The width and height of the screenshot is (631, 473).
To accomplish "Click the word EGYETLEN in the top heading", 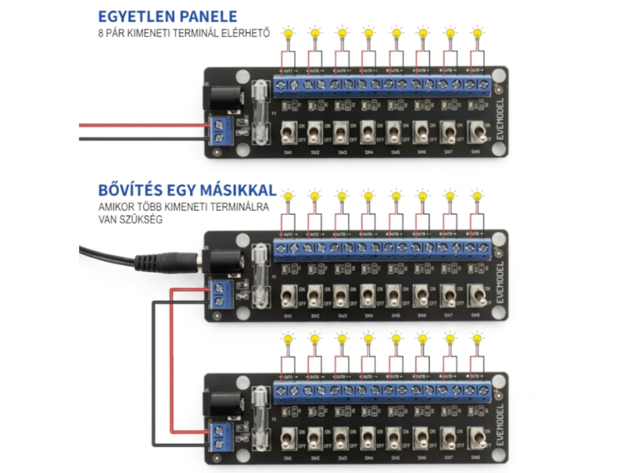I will click(131, 17).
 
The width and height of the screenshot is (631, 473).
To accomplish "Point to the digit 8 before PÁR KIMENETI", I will click(100, 34).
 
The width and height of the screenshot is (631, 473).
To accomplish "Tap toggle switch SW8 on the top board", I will click(476, 131).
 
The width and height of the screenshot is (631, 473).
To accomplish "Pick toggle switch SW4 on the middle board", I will click(368, 296).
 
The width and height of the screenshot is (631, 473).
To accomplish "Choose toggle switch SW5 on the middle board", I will click(394, 296).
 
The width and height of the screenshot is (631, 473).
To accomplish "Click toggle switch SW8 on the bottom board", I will click(476, 438).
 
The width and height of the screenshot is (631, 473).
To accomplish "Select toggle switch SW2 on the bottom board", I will click(314, 438).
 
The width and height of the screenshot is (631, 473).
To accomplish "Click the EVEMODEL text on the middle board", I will click(499, 281).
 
